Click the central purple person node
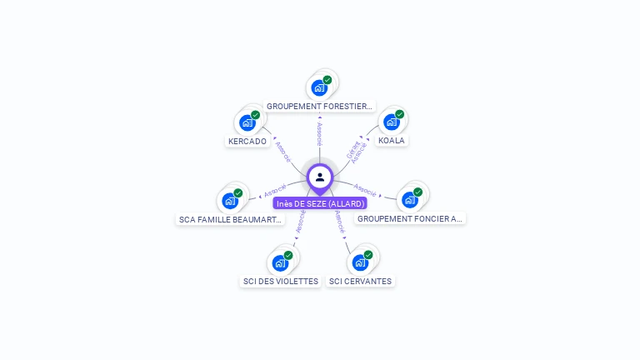tap(320, 177)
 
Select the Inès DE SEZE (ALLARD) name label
tap(320, 203)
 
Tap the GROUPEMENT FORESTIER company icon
tap(319, 87)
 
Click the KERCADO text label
tap(247, 141)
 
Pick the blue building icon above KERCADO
tap(247, 122)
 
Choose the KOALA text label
tap(391, 140)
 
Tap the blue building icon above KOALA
tap(391, 122)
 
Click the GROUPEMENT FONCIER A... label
tap(409, 218)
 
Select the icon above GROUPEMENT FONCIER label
tap(409, 199)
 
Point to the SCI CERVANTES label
tap(360, 281)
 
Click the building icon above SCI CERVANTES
tap(360, 262)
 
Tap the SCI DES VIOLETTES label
tap(281, 281)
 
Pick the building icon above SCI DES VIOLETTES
tap(280, 262)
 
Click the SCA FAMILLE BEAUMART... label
tap(232, 219)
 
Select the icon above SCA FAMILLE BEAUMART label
tap(230, 200)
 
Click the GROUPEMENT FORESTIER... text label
tap(319, 106)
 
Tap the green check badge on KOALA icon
tap(399, 114)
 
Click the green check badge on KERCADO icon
tap(256, 115)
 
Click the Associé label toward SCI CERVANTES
tap(339, 220)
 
